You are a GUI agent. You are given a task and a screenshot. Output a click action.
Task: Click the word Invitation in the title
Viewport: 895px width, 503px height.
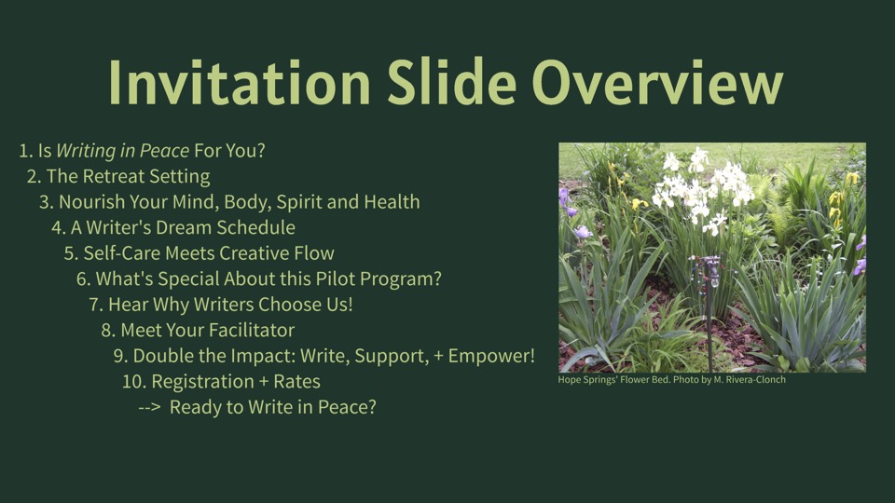(240, 82)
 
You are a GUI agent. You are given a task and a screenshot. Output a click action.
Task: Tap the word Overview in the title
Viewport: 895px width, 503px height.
(657, 82)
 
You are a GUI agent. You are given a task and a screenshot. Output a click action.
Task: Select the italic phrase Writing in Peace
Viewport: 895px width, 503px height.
(123, 151)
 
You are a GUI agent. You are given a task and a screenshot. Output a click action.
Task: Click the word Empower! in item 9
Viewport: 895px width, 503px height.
(491, 356)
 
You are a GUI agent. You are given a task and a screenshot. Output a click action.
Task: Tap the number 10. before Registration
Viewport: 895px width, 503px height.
(134, 382)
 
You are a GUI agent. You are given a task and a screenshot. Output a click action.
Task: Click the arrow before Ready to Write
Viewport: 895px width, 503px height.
(149, 408)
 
